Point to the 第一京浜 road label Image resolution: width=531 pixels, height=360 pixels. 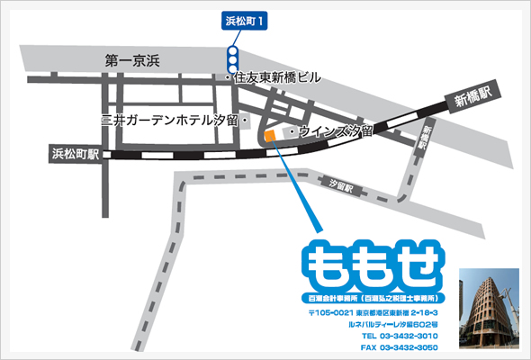coord(131,61)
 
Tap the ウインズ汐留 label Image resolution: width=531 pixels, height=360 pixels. coord(328,131)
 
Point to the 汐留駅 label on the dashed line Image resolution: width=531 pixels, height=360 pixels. coord(344,189)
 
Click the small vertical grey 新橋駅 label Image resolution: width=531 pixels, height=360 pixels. coord(427,138)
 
